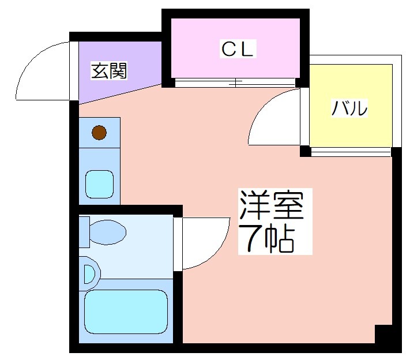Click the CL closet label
tap(238, 50)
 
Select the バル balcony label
tap(349, 108)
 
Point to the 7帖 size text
tap(267, 237)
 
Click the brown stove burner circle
tap(99, 133)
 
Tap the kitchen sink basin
tap(99, 183)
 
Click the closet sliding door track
tap(236, 82)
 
